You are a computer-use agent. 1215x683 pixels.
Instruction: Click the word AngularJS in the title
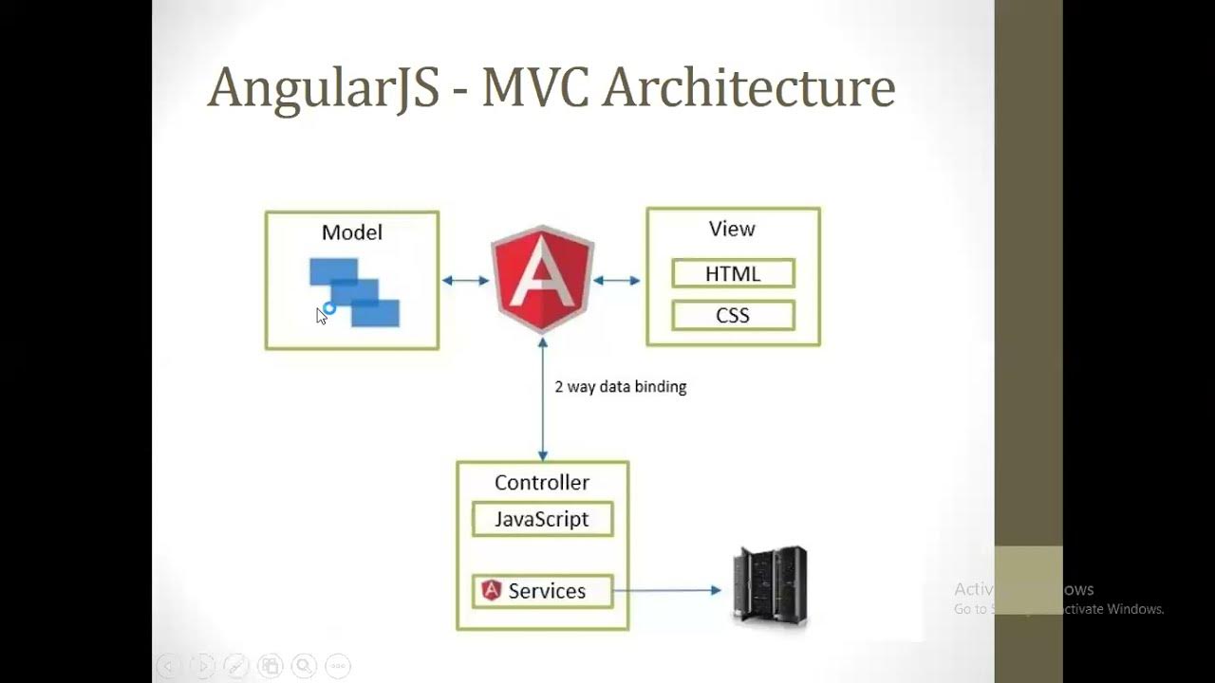[323, 88]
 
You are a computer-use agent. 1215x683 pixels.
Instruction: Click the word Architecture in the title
[749, 86]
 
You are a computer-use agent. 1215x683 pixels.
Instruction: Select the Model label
[352, 232]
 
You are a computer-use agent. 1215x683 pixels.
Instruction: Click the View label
[732, 229]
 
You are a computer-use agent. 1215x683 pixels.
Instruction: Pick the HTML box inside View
[733, 274]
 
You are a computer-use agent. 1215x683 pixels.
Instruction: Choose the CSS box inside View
[733, 315]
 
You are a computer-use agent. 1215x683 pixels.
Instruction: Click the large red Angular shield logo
[542, 278]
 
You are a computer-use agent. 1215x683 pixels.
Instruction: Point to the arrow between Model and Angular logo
[465, 280]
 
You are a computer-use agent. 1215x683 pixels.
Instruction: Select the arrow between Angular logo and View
[617, 280]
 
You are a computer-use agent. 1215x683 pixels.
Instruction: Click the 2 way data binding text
[620, 387]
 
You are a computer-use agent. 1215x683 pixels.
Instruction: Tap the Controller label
[542, 483]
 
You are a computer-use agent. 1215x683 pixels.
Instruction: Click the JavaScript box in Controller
[542, 520]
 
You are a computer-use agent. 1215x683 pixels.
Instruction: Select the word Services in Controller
[547, 591]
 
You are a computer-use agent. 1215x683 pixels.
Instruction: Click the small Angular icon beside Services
[491, 590]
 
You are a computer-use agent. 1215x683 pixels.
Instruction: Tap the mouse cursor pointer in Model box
[322, 316]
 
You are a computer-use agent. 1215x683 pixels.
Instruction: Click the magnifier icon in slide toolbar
[304, 666]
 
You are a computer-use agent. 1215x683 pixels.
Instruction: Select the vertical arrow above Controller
[542, 398]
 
